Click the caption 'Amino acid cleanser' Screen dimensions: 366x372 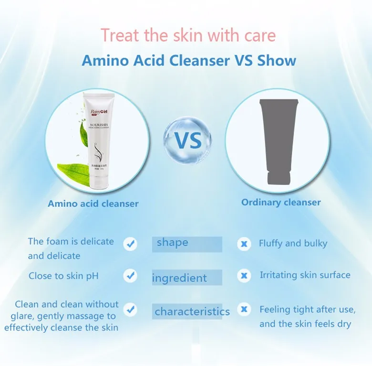(x=93, y=204)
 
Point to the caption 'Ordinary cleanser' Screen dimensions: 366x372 (x=281, y=202)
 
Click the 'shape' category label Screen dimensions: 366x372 (x=173, y=242)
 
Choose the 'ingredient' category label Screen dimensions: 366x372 (x=179, y=278)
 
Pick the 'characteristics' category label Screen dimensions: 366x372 (x=192, y=312)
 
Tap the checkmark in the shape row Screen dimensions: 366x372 (x=130, y=244)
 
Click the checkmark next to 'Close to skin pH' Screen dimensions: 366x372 (x=130, y=276)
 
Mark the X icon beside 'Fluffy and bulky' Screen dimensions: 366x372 (x=244, y=244)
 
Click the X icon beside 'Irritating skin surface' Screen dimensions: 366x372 (x=244, y=276)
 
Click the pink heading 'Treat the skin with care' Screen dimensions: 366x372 (x=188, y=35)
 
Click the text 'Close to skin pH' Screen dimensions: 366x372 (x=63, y=276)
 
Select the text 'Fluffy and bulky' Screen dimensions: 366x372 (x=293, y=243)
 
